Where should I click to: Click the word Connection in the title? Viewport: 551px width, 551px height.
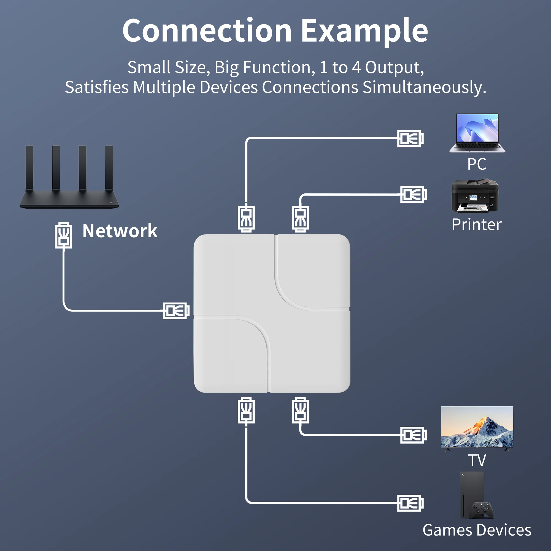click(207, 31)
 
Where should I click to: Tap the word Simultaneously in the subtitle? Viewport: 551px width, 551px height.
click(424, 87)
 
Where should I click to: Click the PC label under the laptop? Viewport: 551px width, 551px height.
click(477, 164)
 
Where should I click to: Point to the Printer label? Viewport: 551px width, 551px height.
click(477, 225)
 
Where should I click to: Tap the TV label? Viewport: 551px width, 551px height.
click(477, 460)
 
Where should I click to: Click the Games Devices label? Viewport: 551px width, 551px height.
click(477, 530)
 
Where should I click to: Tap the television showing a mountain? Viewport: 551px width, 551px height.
click(477, 427)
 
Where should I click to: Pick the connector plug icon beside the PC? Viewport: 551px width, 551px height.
click(410, 139)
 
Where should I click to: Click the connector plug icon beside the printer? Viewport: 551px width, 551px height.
click(413, 195)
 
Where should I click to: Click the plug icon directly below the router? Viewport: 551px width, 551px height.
click(63, 235)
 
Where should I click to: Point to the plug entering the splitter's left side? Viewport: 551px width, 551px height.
click(176, 310)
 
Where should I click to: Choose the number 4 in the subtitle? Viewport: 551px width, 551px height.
click(356, 67)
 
